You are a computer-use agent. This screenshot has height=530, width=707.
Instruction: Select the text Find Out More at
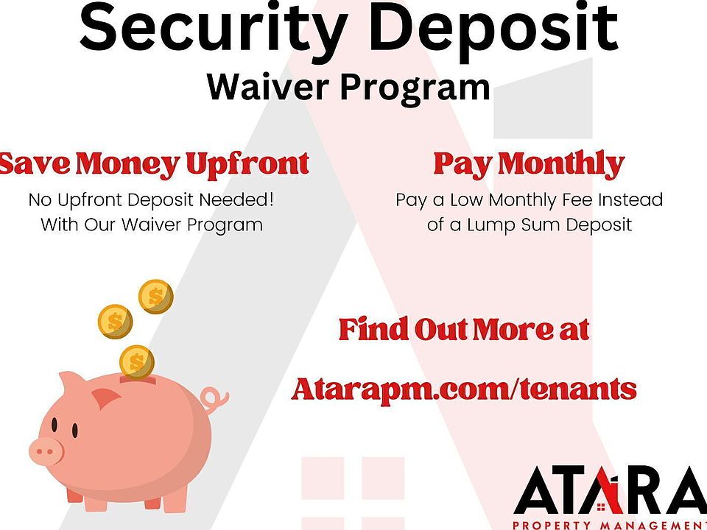[x=464, y=329]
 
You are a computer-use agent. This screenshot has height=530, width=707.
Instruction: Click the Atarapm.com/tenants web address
[x=464, y=389]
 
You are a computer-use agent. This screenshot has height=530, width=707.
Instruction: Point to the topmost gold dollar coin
[x=155, y=297]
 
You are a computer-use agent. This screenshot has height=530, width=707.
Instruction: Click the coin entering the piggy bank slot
[x=137, y=362]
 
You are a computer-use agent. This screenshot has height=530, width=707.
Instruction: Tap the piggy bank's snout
[x=46, y=451]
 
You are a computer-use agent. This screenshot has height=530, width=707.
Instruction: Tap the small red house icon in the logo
[x=601, y=508]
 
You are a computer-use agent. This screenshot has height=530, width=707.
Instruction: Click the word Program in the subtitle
[x=415, y=88]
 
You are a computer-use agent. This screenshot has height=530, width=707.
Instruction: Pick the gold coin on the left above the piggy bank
[x=115, y=322]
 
